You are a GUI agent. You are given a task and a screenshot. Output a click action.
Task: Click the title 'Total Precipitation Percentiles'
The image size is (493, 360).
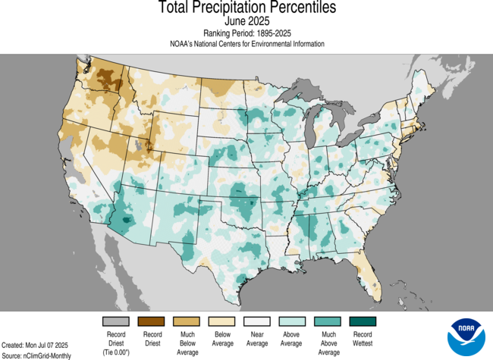(246, 8)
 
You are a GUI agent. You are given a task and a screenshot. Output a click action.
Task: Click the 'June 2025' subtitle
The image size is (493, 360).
(246, 22)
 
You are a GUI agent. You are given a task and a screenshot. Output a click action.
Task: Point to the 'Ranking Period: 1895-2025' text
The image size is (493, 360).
(246, 33)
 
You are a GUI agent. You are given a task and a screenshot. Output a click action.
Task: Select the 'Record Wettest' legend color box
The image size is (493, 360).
(362, 321)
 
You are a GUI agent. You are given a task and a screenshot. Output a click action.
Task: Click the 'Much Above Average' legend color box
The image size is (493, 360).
(328, 321)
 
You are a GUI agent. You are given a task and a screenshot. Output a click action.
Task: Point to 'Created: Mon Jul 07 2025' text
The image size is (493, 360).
(35, 345)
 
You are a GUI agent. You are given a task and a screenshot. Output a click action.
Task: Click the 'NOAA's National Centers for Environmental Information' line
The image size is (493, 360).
(246, 44)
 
